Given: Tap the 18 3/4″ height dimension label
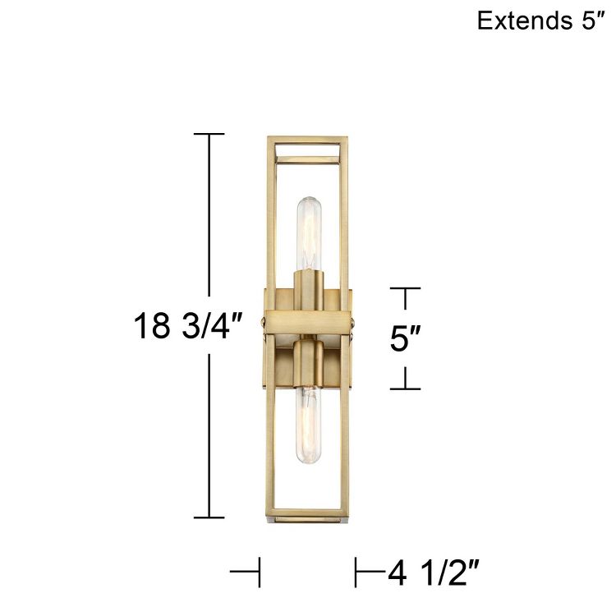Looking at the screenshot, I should [x=188, y=325].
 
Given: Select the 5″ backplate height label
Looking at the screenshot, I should [x=406, y=338].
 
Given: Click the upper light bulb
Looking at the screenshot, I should [x=308, y=234].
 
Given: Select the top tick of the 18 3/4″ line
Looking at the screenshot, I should [x=209, y=133].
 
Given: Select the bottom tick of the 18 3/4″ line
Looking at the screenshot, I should [x=209, y=517].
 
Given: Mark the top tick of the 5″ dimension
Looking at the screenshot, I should [x=405, y=288].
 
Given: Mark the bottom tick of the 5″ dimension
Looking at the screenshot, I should [x=405, y=388].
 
